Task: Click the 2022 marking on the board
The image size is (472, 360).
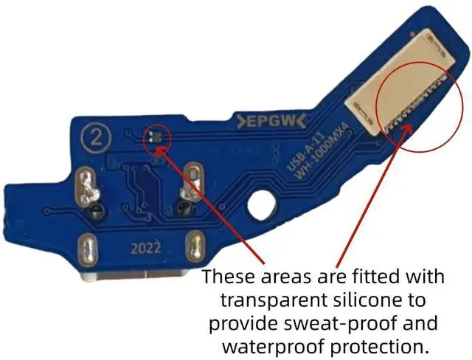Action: coord(147,248)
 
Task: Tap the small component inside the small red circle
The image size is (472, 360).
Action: coord(153,137)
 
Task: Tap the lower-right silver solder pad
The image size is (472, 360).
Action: coord(197,244)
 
